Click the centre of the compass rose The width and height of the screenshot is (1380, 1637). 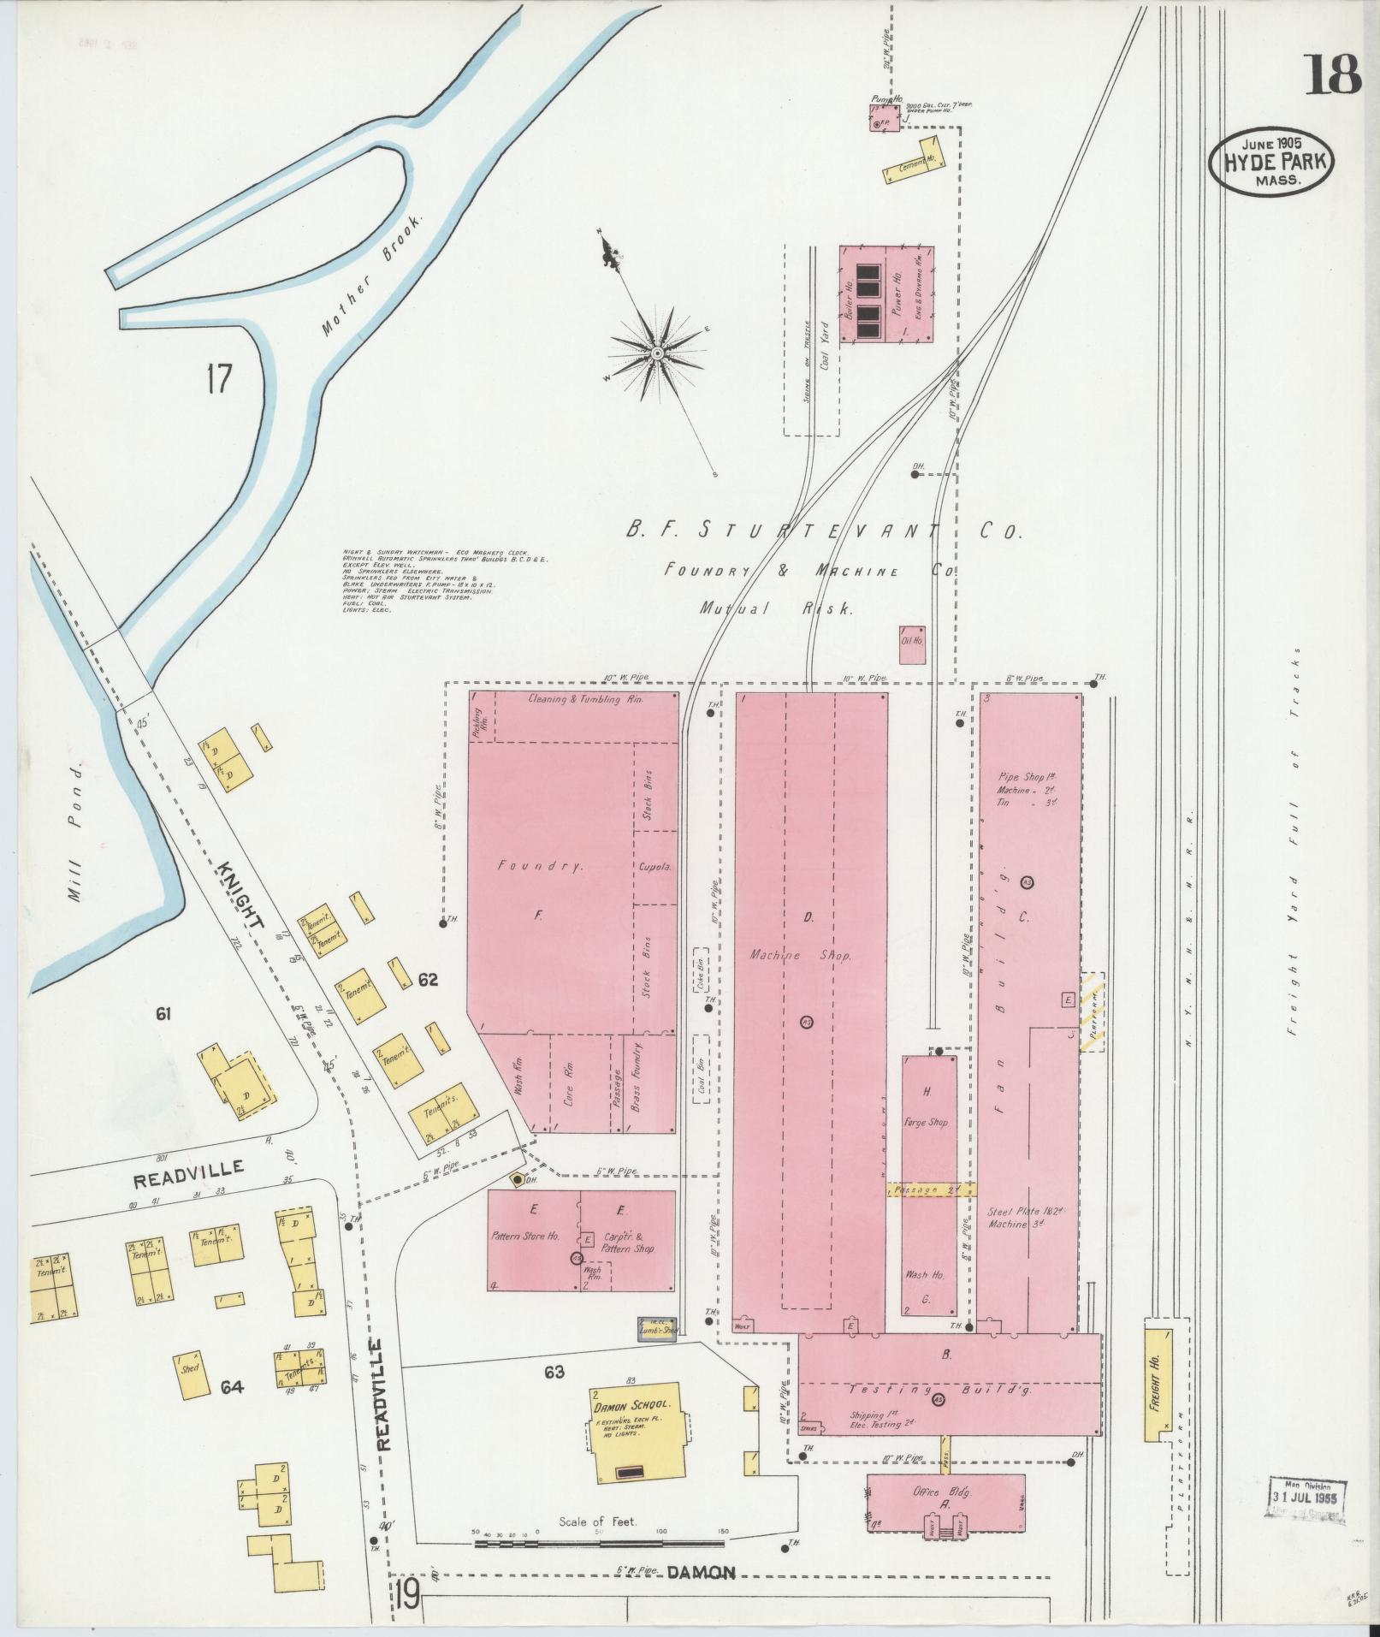pos(656,353)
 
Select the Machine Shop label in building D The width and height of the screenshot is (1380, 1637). pos(800,955)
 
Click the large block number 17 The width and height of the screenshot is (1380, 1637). pos(218,378)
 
